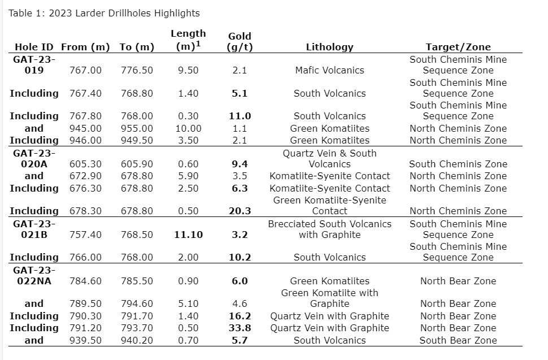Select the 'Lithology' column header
point(329,47)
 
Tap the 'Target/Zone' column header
point(458,47)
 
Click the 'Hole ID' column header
point(34,47)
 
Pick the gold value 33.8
point(240,328)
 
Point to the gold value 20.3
point(240,211)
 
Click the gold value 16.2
point(240,316)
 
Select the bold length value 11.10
point(188,235)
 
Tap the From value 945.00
point(85,128)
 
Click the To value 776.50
point(137,70)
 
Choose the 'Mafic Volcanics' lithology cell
point(329,70)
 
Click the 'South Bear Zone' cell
point(458,340)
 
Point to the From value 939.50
point(85,340)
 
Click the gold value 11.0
point(240,116)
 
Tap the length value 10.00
point(188,128)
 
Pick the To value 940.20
point(137,340)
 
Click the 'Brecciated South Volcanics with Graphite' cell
point(329,229)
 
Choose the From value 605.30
point(85,164)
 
